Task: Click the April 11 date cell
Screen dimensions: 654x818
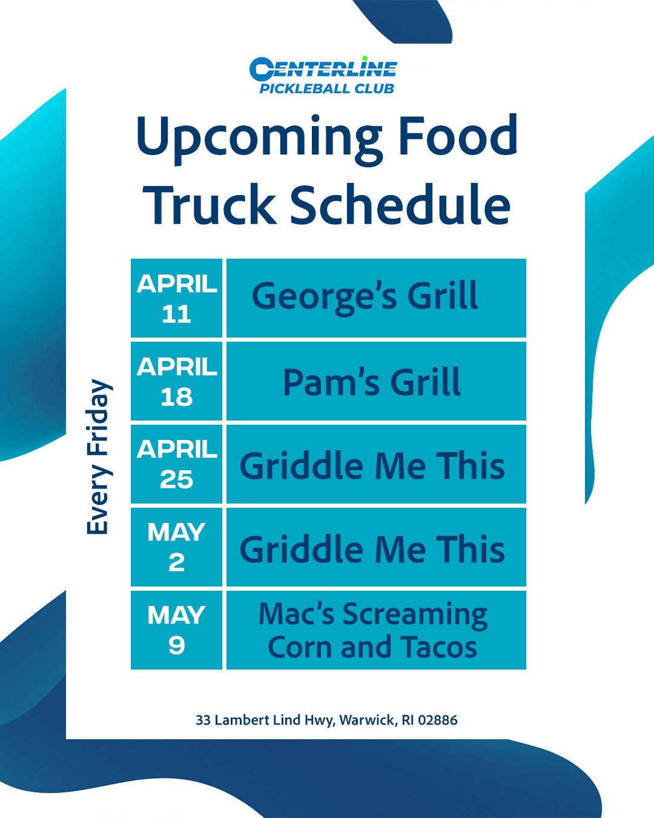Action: (x=176, y=298)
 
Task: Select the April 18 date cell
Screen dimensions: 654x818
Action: (x=176, y=381)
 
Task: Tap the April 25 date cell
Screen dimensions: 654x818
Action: (x=176, y=464)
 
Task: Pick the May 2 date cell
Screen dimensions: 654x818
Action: (x=176, y=547)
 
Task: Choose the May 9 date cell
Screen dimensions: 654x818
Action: (x=176, y=630)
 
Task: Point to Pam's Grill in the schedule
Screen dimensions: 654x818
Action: (x=372, y=382)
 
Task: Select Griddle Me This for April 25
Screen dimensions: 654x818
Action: (x=372, y=465)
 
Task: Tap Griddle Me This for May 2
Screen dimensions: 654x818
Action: (x=372, y=549)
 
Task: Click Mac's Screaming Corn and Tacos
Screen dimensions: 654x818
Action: (x=372, y=630)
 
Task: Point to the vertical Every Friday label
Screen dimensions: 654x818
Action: (x=99, y=456)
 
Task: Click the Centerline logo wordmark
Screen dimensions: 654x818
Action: (x=323, y=69)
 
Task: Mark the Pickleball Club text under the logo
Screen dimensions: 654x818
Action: (x=327, y=89)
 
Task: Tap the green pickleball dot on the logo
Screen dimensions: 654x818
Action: (x=365, y=59)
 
